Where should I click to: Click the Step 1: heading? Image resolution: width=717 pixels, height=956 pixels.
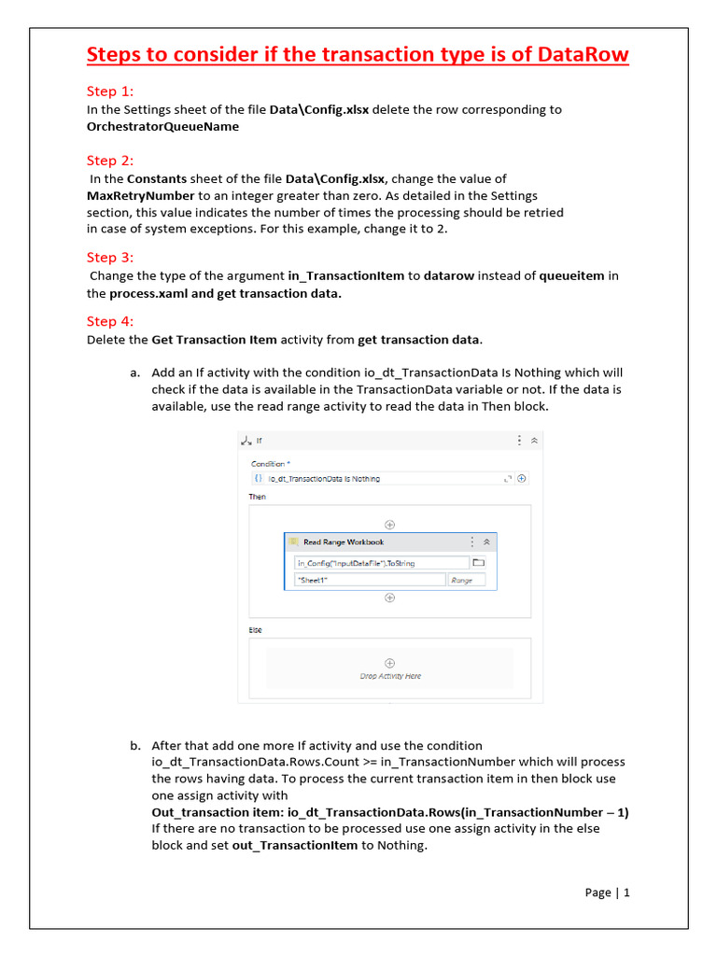[110, 91]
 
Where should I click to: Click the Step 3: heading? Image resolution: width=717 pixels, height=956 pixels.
[110, 258]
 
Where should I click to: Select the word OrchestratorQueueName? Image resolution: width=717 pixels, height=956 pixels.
[162, 126]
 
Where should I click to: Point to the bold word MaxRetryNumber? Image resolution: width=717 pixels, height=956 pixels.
[140, 195]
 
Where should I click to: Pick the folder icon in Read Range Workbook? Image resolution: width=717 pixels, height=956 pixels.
[479, 563]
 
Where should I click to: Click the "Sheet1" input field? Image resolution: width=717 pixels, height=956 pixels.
[370, 580]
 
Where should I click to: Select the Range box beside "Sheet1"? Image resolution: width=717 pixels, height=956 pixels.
[462, 580]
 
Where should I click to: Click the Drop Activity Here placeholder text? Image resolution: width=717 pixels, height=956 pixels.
[390, 676]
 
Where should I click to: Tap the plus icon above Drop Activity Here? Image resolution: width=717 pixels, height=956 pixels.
[390, 662]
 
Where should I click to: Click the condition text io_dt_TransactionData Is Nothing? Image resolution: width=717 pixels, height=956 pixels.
[324, 479]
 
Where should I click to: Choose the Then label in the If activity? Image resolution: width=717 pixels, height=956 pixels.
[257, 497]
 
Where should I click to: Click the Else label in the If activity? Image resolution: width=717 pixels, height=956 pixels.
[255, 630]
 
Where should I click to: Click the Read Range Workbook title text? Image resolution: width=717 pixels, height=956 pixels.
[344, 541]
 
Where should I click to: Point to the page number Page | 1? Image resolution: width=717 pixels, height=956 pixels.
[607, 893]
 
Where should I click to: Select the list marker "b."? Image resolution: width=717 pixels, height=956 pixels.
[135, 745]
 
